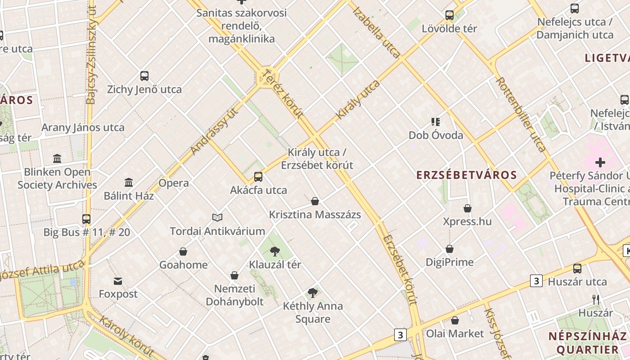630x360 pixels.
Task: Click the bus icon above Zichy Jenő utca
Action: click(x=144, y=76)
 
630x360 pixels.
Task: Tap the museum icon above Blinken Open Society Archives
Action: click(x=57, y=158)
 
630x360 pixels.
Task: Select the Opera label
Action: click(x=174, y=183)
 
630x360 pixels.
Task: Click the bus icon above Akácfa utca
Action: click(x=258, y=176)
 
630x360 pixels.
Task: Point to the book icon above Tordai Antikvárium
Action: click(x=217, y=218)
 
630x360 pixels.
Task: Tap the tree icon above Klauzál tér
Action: click(x=275, y=251)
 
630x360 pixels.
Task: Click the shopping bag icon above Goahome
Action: click(x=183, y=252)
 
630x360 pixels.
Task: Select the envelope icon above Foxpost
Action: click(x=118, y=281)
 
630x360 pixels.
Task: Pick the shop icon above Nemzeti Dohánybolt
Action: click(x=234, y=275)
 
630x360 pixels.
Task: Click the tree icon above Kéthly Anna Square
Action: click(x=313, y=293)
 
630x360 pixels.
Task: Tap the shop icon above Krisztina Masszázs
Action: click(x=315, y=201)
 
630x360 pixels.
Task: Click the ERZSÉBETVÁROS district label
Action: click(x=466, y=175)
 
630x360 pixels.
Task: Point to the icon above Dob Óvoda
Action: click(x=436, y=121)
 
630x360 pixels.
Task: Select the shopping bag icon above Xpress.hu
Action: click(x=468, y=208)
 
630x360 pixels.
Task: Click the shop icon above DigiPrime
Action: click(x=450, y=249)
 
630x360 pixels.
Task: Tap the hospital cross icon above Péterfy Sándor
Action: click(x=600, y=162)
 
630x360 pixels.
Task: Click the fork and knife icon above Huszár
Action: click(x=596, y=299)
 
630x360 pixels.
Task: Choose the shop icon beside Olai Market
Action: click(x=455, y=320)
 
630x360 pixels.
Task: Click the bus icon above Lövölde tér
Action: click(x=449, y=15)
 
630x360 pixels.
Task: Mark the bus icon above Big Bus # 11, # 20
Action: click(x=86, y=219)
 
